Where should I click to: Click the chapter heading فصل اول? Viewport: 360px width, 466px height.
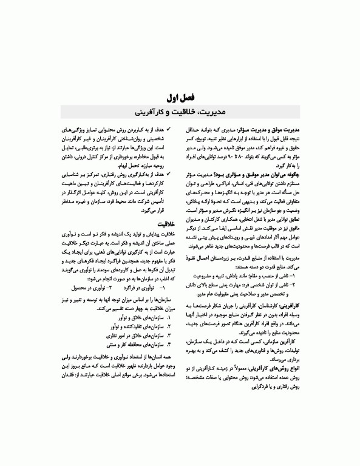coord(179,97)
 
